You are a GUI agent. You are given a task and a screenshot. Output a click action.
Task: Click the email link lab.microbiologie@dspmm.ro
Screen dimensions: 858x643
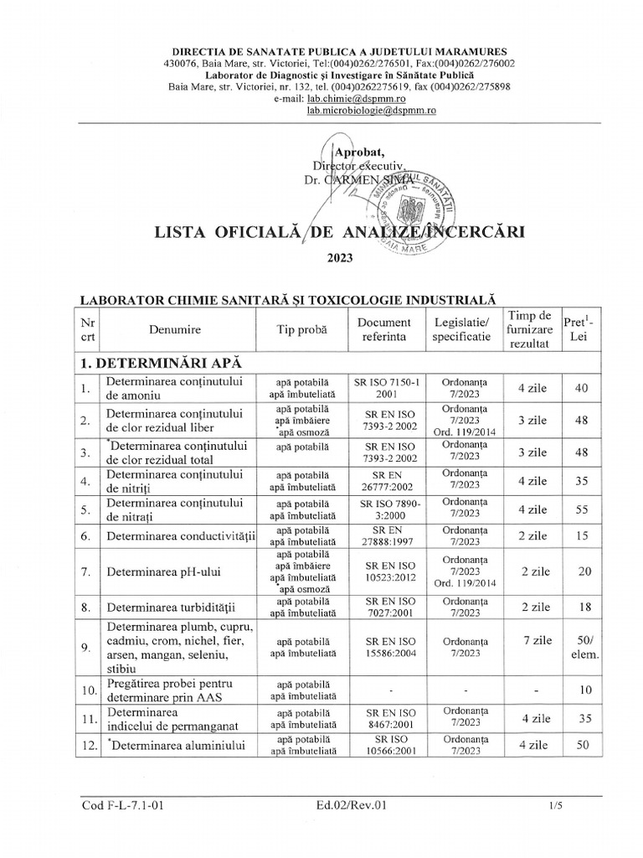click(371, 110)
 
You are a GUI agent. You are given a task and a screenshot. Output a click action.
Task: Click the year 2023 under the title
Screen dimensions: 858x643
click(339, 259)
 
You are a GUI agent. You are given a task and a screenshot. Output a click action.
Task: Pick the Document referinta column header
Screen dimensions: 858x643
click(383, 330)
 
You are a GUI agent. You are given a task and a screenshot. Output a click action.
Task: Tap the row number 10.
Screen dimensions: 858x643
click(87, 690)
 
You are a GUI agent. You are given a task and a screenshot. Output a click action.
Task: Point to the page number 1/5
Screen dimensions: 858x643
click(554, 806)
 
